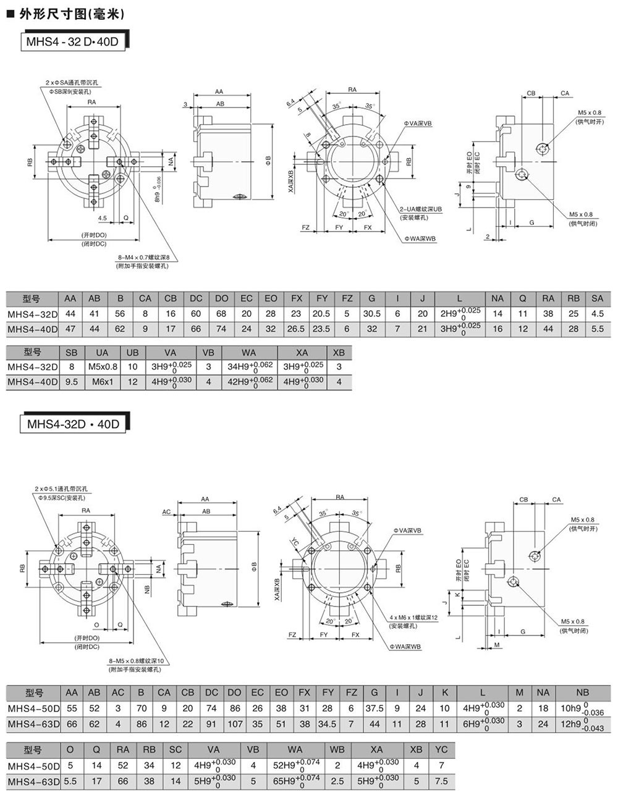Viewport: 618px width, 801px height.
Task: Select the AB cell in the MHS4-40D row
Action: (x=94, y=329)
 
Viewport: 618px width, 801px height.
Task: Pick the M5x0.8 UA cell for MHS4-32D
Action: (x=102, y=367)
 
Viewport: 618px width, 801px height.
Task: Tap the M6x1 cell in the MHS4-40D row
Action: (x=102, y=382)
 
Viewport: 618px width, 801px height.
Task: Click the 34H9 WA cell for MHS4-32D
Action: (x=249, y=367)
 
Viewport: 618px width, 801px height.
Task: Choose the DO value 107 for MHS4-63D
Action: (x=234, y=723)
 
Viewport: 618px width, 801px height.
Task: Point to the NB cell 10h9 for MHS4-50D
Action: (x=582, y=708)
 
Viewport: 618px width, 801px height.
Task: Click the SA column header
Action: (x=597, y=298)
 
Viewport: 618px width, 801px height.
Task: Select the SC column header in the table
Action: (x=176, y=749)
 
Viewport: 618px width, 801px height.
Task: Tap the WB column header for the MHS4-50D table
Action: (x=337, y=749)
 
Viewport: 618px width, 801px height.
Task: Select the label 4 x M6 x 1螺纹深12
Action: (x=413, y=618)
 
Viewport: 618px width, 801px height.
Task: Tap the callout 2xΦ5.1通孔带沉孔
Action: (x=62, y=489)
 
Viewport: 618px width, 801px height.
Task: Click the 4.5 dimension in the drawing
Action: (x=103, y=217)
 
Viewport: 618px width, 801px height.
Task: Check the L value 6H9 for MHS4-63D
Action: (x=483, y=723)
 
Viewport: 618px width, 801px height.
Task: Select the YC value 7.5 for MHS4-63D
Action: (x=441, y=781)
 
